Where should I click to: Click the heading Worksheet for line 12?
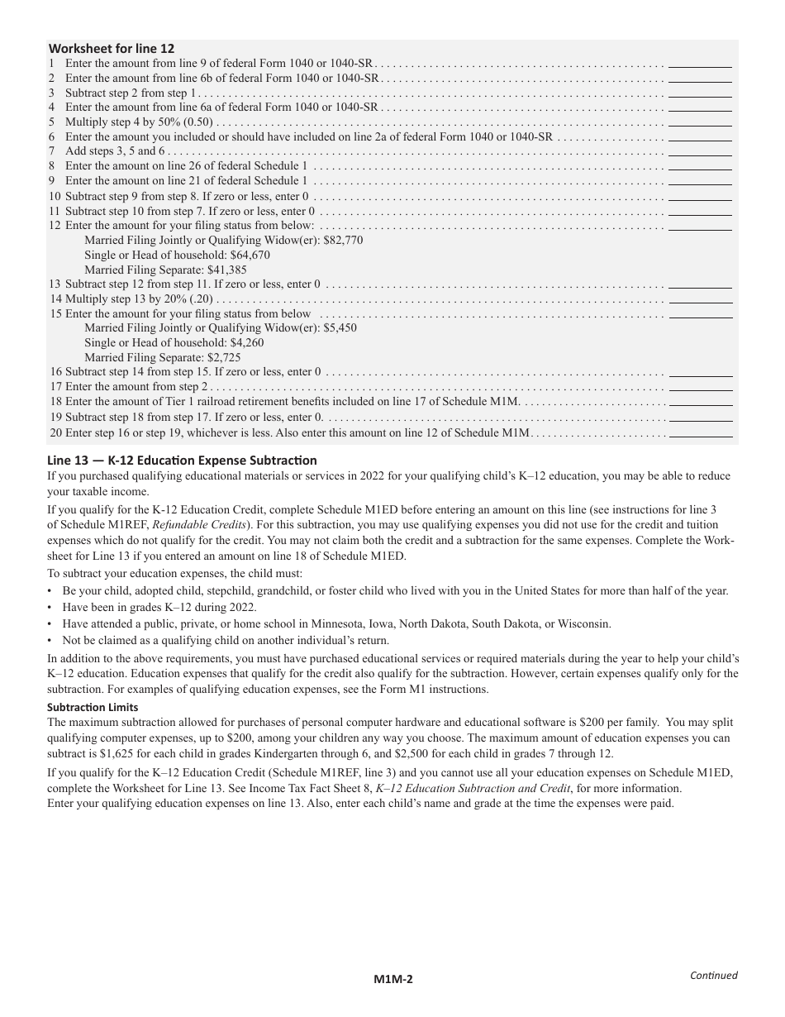112,49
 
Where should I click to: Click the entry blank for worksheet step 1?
700,63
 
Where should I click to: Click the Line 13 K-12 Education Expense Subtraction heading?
182,461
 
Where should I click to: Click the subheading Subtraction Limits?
93,708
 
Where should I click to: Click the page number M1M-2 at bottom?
392,980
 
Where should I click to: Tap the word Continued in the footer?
713,975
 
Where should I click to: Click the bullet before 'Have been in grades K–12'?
50,608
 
